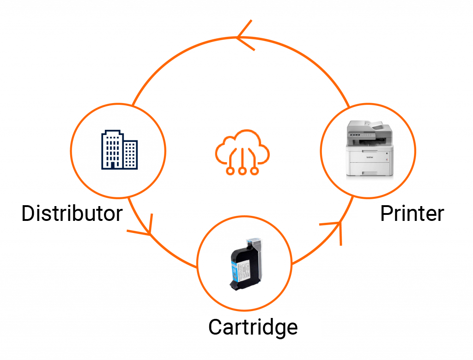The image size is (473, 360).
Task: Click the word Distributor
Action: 72,214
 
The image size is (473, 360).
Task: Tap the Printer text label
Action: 412,214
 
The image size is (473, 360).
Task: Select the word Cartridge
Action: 253,327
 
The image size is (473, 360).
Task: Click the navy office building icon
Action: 120,150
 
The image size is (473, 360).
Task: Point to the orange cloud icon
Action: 242,152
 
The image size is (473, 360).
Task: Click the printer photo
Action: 370,148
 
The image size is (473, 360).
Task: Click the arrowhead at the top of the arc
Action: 245,35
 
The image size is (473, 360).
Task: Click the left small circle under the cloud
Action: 230,171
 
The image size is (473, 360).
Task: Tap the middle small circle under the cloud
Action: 242,171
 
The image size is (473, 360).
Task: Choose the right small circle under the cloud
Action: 255,171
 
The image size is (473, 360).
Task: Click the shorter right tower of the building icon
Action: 130,154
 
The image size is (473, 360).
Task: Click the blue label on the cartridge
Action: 234,270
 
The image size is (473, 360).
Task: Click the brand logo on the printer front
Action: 370,157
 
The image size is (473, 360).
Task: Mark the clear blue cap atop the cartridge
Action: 254,241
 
